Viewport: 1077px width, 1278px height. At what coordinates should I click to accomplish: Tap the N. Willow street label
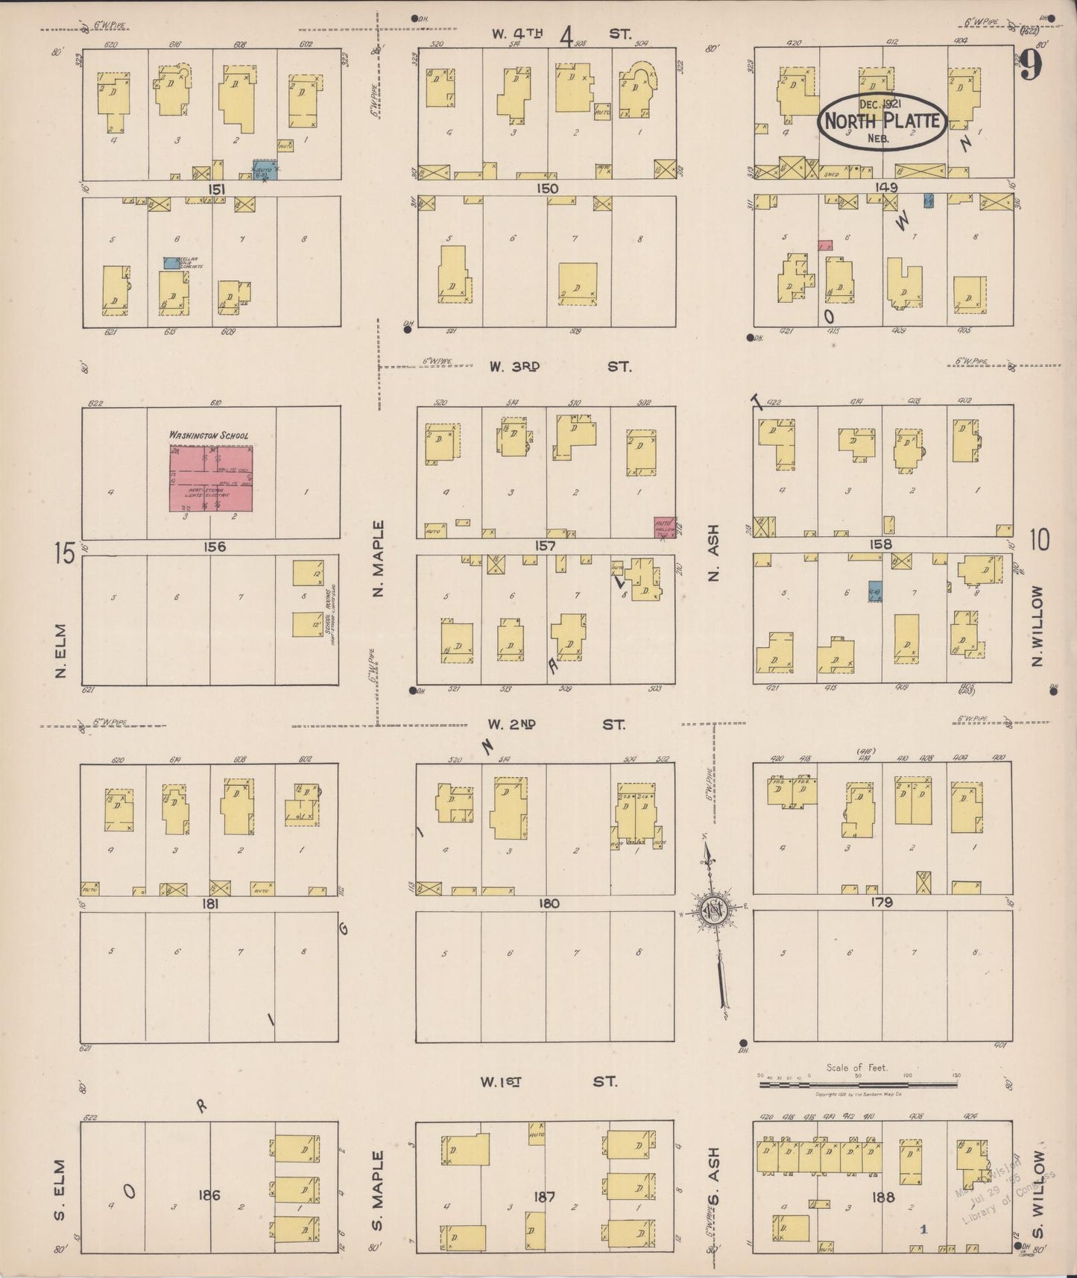coord(1037,625)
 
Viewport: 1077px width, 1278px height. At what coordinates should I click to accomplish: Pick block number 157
coord(545,546)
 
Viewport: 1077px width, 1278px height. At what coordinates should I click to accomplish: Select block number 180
coord(548,904)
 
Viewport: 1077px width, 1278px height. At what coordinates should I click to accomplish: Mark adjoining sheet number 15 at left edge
coord(64,554)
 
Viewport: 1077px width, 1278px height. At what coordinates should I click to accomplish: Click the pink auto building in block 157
coord(663,526)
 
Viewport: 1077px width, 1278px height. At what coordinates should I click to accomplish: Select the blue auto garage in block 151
coord(265,171)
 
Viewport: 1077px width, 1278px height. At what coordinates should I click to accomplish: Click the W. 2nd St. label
coord(555,724)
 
